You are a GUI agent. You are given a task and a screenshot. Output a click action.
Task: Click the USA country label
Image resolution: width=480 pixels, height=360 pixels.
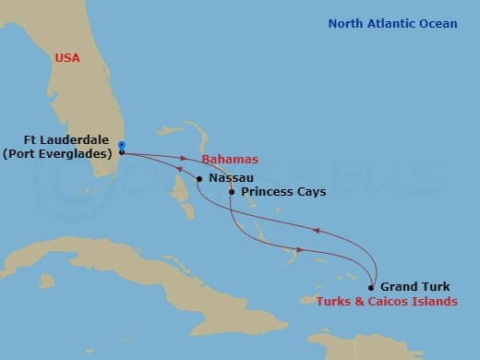67,58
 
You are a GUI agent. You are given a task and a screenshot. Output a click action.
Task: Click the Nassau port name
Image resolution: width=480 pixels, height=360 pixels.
232,177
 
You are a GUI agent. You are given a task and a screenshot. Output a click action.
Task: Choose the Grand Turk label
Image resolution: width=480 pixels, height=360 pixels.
415,287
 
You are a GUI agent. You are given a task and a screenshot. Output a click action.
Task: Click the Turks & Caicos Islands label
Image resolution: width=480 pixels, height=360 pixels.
387,302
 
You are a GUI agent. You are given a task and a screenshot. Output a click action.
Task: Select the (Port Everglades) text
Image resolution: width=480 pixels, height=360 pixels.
57,154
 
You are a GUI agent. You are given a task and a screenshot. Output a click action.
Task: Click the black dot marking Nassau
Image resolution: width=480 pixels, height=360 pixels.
199,178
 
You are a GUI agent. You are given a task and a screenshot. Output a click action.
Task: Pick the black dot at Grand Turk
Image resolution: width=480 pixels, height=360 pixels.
371,287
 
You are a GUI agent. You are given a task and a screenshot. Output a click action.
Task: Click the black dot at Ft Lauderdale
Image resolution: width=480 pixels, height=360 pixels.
122,152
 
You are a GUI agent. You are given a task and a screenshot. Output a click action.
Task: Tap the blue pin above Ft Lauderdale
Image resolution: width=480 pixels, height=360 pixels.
122,144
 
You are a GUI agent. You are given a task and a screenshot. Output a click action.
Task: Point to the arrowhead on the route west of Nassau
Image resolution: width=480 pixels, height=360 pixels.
180,168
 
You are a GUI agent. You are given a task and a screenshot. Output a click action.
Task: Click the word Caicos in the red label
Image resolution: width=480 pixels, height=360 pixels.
402,302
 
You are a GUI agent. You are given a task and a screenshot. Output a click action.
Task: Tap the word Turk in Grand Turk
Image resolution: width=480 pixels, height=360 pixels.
436,287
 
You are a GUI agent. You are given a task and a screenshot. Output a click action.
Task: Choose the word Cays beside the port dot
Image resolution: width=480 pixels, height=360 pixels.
304,194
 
